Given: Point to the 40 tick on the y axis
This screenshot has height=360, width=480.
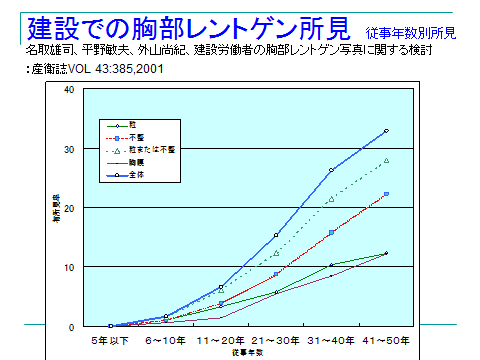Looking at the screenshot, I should (69, 90).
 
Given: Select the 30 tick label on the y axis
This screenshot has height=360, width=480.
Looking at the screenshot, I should (69, 149).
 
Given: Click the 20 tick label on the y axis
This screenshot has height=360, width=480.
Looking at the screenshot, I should (69, 208).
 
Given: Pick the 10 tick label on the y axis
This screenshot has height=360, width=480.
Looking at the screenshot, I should (69, 267).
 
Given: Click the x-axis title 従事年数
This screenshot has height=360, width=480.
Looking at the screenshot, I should (243, 352).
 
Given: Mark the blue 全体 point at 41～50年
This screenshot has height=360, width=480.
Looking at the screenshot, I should (386, 131).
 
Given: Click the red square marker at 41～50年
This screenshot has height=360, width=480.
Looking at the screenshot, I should (386, 194).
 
